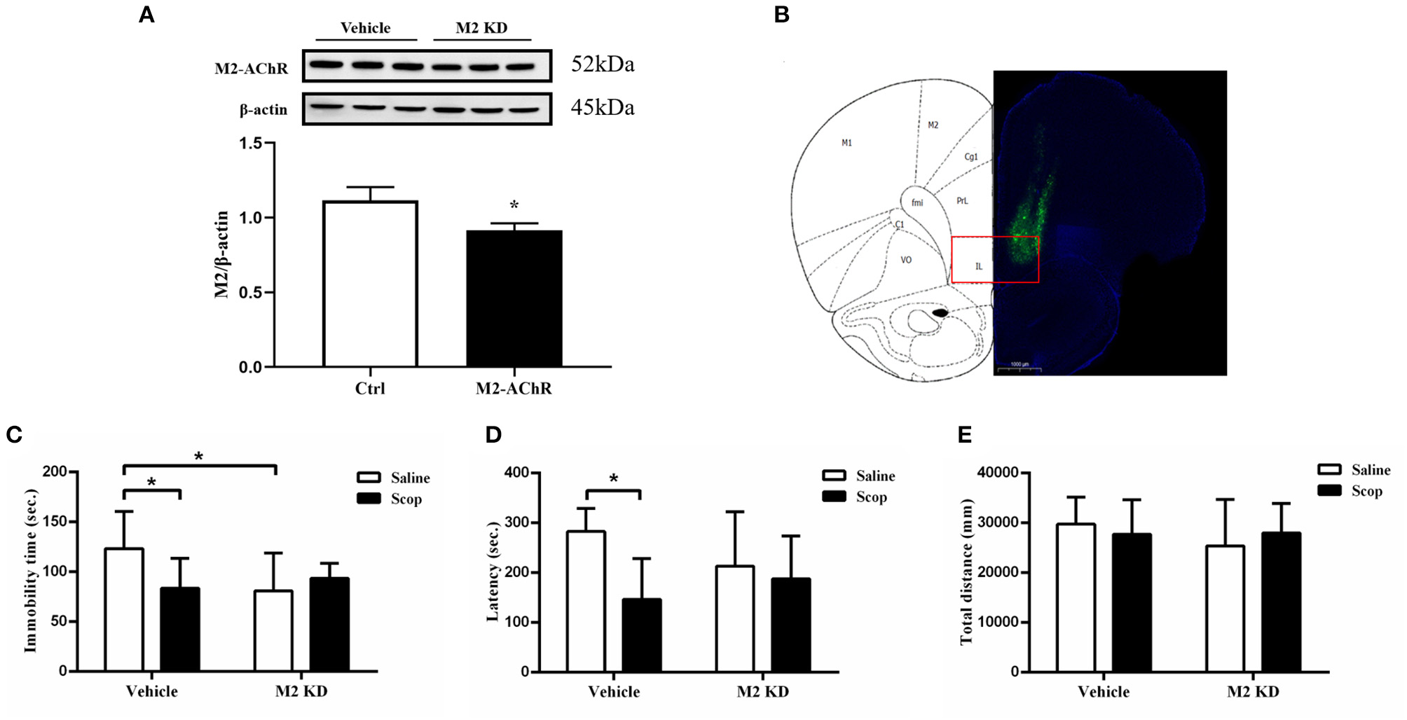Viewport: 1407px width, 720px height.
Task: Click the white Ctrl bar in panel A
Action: pyautogui.click(x=370, y=284)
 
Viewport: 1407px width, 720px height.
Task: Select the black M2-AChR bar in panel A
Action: pyautogui.click(x=514, y=298)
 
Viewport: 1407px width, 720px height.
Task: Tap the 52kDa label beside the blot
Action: pyautogui.click(x=603, y=64)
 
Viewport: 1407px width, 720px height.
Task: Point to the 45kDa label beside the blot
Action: pyautogui.click(x=603, y=108)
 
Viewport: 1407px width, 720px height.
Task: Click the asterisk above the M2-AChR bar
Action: pyautogui.click(x=514, y=206)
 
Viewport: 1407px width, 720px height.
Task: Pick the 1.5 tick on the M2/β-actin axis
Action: pyautogui.click(x=250, y=144)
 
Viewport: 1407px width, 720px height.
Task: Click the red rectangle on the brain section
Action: pyautogui.click(x=994, y=260)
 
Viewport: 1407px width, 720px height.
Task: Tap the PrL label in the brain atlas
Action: pyautogui.click(x=962, y=201)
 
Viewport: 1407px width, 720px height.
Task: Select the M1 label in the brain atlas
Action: pyautogui.click(x=846, y=143)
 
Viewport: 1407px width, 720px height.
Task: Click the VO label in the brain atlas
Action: pyautogui.click(x=906, y=260)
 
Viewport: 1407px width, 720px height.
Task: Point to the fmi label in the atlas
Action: pyautogui.click(x=917, y=203)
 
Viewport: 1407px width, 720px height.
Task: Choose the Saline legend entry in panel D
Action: pyautogui.click(x=858, y=476)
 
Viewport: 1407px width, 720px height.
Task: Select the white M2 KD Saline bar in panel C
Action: pyautogui.click(x=273, y=630)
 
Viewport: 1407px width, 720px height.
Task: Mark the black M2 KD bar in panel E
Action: pyautogui.click(x=1281, y=602)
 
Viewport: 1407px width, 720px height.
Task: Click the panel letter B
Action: pyautogui.click(x=781, y=15)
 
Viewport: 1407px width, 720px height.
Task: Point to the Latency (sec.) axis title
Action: pyautogui.click(x=493, y=571)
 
